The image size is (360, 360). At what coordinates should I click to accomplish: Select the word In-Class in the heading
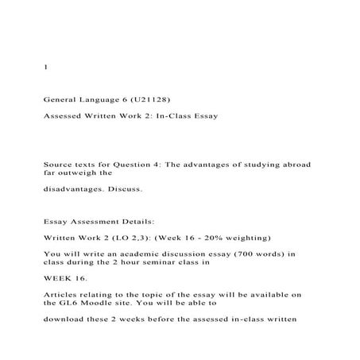[x=172, y=116]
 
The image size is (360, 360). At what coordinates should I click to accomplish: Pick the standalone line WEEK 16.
[x=65, y=279]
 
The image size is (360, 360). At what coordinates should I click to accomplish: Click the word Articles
[x=64, y=295]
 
